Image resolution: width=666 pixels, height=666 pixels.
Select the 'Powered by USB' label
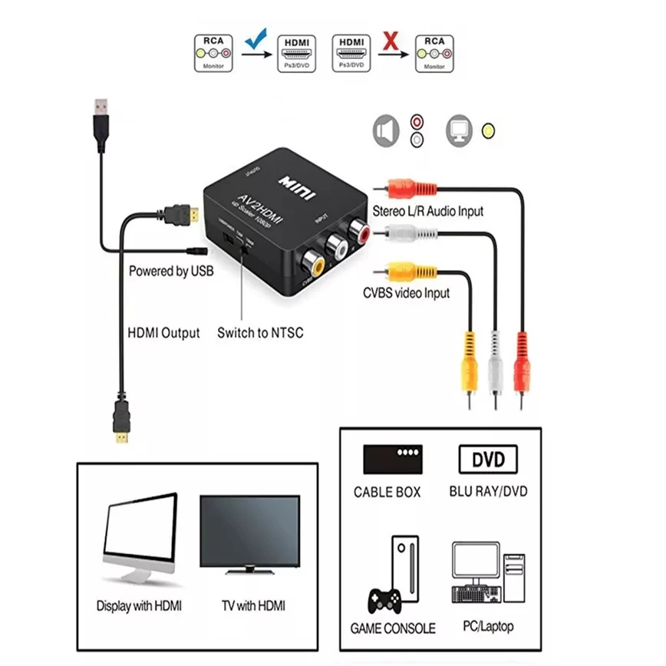tap(171, 271)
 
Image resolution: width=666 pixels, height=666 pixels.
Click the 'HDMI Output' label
tap(163, 333)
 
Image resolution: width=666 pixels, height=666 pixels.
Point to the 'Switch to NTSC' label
tap(260, 333)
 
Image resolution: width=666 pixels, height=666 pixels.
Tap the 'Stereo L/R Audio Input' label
tap(428, 211)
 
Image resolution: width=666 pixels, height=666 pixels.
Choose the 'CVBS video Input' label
tap(407, 292)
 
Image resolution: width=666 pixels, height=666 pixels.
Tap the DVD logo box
tap(488, 460)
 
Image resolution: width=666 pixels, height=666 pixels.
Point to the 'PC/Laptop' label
tap(488, 627)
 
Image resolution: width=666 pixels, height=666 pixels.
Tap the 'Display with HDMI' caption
tap(140, 605)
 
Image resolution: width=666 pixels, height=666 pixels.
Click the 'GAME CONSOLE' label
tap(393, 628)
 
